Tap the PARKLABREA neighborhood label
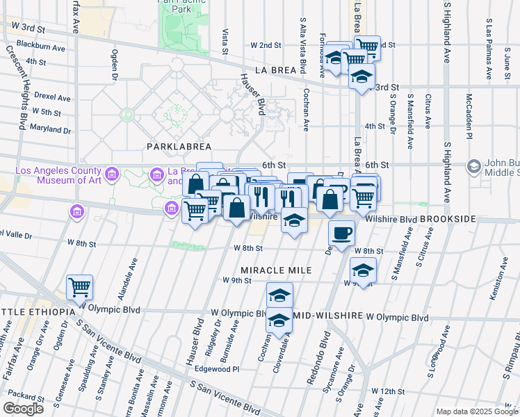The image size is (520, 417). tap(173, 147)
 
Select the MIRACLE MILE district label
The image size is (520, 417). tap(273, 269)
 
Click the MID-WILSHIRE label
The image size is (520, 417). tap(329, 317)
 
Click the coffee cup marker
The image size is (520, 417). tap(341, 233)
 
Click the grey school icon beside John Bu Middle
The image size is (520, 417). tap(474, 167)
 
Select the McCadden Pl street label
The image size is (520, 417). tap(469, 115)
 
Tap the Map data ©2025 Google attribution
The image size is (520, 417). tap(477, 411)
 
